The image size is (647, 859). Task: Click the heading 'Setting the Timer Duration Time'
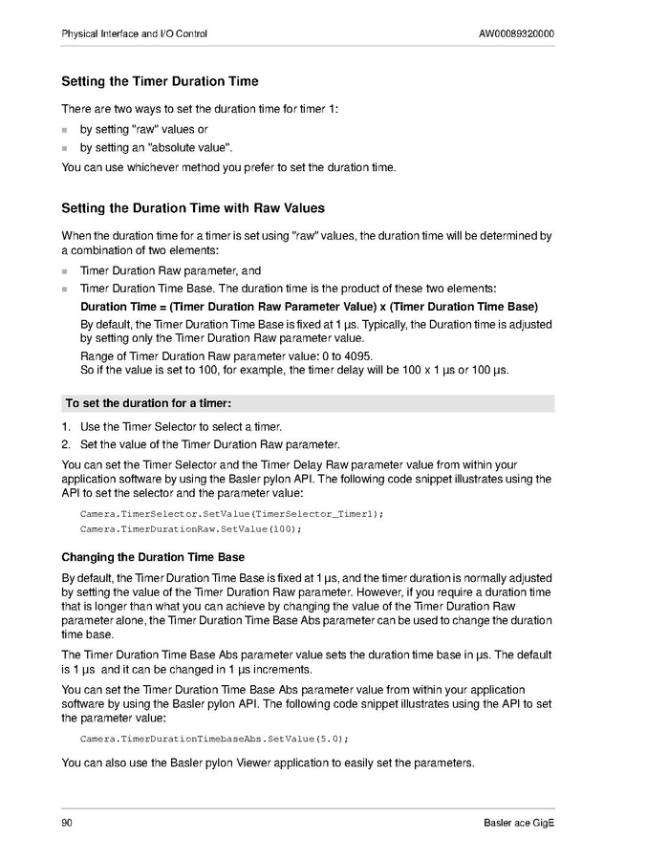pyautogui.click(x=160, y=82)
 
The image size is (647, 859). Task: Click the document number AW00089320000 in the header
pyautogui.click(x=516, y=34)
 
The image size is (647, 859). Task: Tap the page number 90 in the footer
pyautogui.click(x=67, y=824)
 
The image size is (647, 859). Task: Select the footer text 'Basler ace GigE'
pyautogui.click(x=519, y=824)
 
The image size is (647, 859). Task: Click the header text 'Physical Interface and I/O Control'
pyautogui.click(x=134, y=34)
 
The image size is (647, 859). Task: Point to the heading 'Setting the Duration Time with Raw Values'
pyautogui.click(x=193, y=208)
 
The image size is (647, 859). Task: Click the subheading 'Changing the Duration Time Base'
pyautogui.click(x=153, y=557)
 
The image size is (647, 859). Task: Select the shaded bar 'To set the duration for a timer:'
pyautogui.click(x=308, y=403)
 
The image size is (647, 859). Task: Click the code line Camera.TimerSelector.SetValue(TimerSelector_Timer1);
pyautogui.click(x=231, y=514)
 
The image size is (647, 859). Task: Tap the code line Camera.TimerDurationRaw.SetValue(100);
pyautogui.click(x=190, y=529)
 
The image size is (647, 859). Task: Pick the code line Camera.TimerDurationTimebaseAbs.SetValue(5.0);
pyautogui.click(x=214, y=740)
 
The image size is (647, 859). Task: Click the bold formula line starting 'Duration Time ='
pyautogui.click(x=309, y=307)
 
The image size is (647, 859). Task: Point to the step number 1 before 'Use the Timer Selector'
pyautogui.click(x=66, y=427)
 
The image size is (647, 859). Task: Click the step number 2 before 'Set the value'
pyautogui.click(x=66, y=444)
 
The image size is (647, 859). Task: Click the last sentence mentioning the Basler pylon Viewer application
pyautogui.click(x=268, y=762)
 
